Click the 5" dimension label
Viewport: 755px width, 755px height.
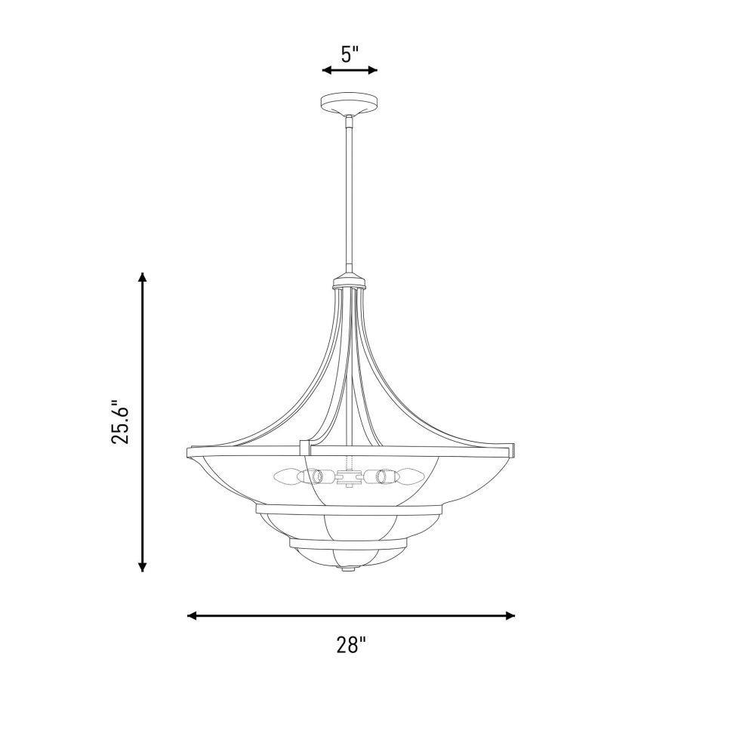[x=350, y=54]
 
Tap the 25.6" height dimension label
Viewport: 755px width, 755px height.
[x=120, y=422]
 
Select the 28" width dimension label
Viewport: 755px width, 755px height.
[x=351, y=644]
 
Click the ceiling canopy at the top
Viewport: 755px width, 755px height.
[x=350, y=103]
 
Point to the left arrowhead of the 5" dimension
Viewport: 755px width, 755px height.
[x=328, y=70]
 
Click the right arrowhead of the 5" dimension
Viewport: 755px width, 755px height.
[x=371, y=70]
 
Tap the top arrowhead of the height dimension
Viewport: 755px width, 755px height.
[x=142, y=278]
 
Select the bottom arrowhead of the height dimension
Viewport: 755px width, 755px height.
[x=142, y=566]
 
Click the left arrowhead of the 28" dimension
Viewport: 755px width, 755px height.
[x=193, y=615]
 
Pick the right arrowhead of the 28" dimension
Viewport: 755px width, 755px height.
[x=510, y=615]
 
